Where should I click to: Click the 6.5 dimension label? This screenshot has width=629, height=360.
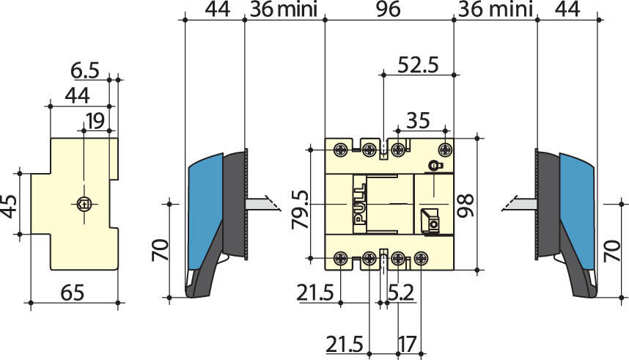[x=84, y=70]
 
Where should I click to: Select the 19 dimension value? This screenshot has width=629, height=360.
[x=95, y=121]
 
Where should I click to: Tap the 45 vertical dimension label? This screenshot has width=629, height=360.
[x=9, y=206]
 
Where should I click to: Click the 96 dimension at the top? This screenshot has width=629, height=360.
[x=389, y=9]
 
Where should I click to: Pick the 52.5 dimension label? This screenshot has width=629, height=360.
[x=419, y=65]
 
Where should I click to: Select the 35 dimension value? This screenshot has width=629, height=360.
[x=418, y=120]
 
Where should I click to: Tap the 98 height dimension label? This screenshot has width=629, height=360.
[x=466, y=205]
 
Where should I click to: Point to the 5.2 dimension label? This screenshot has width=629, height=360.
[x=401, y=293]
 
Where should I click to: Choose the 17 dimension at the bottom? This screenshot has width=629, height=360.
[x=408, y=344]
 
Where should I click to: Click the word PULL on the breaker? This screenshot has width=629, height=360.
[x=360, y=203]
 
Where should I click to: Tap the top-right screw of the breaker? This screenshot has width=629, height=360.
[x=445, y=150]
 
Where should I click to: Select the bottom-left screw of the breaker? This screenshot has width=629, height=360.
[x=341, y=258]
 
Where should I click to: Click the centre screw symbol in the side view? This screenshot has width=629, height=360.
[x=84, y=204]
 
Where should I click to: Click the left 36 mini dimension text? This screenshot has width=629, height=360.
[x=284, y=9]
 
